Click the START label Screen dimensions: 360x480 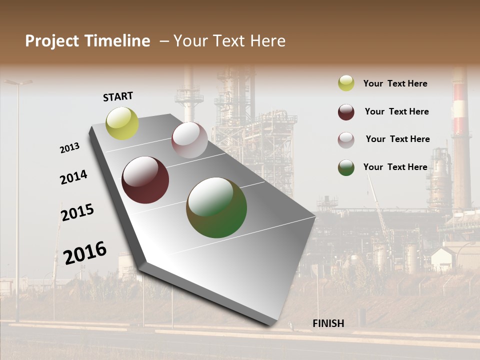coord(118,96)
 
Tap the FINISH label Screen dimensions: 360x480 coord(328,323)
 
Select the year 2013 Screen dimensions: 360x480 coord(69,148)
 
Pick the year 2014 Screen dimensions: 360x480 coord(73,177)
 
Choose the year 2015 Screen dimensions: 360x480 coord(77,212)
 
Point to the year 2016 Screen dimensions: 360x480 coord(85,252)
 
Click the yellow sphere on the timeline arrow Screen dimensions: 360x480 coord(122,123)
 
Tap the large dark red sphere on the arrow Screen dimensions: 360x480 coord(145,180)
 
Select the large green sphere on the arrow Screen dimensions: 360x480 coord(216,207)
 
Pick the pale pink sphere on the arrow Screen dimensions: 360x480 coord(189,140)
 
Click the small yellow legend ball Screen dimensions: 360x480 coord(346,83)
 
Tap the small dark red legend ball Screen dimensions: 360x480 coord(346,112)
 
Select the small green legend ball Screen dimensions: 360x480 coord(346,167)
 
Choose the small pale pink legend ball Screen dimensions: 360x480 coord(346,140)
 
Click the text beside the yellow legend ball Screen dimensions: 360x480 coord(395,83)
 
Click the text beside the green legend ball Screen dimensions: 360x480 coord(395,167)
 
